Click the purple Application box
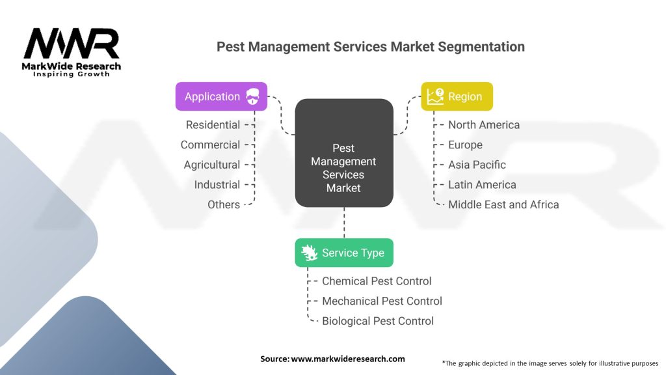coord(221,96)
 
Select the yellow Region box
coord(457,96)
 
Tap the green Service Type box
coord(344,253)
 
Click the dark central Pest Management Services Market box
coord(344,153)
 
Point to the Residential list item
coord(213,125)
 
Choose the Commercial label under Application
coord(210,145)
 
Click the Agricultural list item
coord(212,165)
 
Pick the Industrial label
coord(217,185)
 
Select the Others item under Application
coord(224,205)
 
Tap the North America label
coord(484,125)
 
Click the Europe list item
coord(465,145)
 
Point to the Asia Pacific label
coord(477,165)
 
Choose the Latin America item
coord(482,185)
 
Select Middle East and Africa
coord(503,205)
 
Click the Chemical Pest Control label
coord(377,281)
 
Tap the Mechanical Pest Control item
coord(382,301)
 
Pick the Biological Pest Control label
coord(378,321)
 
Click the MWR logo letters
coord(72,44)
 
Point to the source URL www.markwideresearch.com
coord(348,359)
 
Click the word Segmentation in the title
coord(481,47)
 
